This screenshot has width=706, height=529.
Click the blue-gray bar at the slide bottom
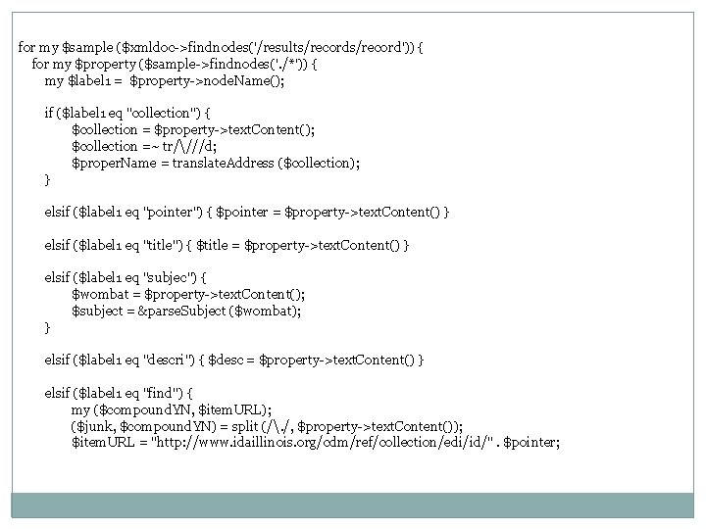[x=353, y=505]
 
